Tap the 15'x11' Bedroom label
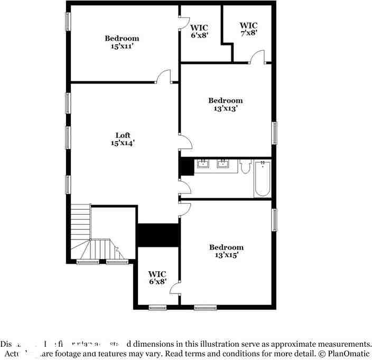122,42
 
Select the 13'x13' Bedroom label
225,104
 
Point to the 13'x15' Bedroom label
226,251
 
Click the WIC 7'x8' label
248,29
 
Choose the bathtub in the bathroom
262,179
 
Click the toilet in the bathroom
245,167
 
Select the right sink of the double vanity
224,163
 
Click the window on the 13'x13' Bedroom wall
274,133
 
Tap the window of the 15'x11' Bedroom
68,22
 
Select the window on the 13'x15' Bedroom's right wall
274,219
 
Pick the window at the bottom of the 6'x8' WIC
157,307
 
